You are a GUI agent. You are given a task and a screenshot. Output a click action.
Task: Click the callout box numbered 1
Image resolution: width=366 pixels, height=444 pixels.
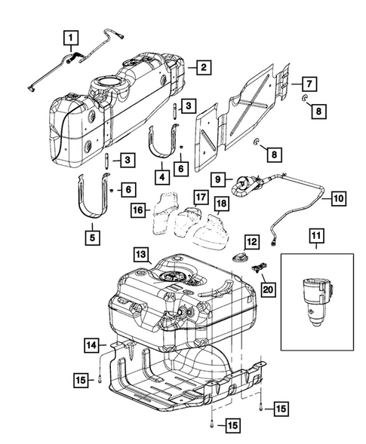coord(69,36)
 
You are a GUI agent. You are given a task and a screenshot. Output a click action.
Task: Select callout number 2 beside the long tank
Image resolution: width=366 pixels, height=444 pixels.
coord(202,67)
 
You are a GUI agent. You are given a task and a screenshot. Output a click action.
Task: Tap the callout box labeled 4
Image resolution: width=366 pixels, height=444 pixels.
coord(161,177)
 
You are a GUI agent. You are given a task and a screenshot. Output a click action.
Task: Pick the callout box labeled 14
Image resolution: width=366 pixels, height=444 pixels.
coord(91,345)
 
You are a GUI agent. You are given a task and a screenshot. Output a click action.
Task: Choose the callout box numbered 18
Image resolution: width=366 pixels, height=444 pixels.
coord(222,206)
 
